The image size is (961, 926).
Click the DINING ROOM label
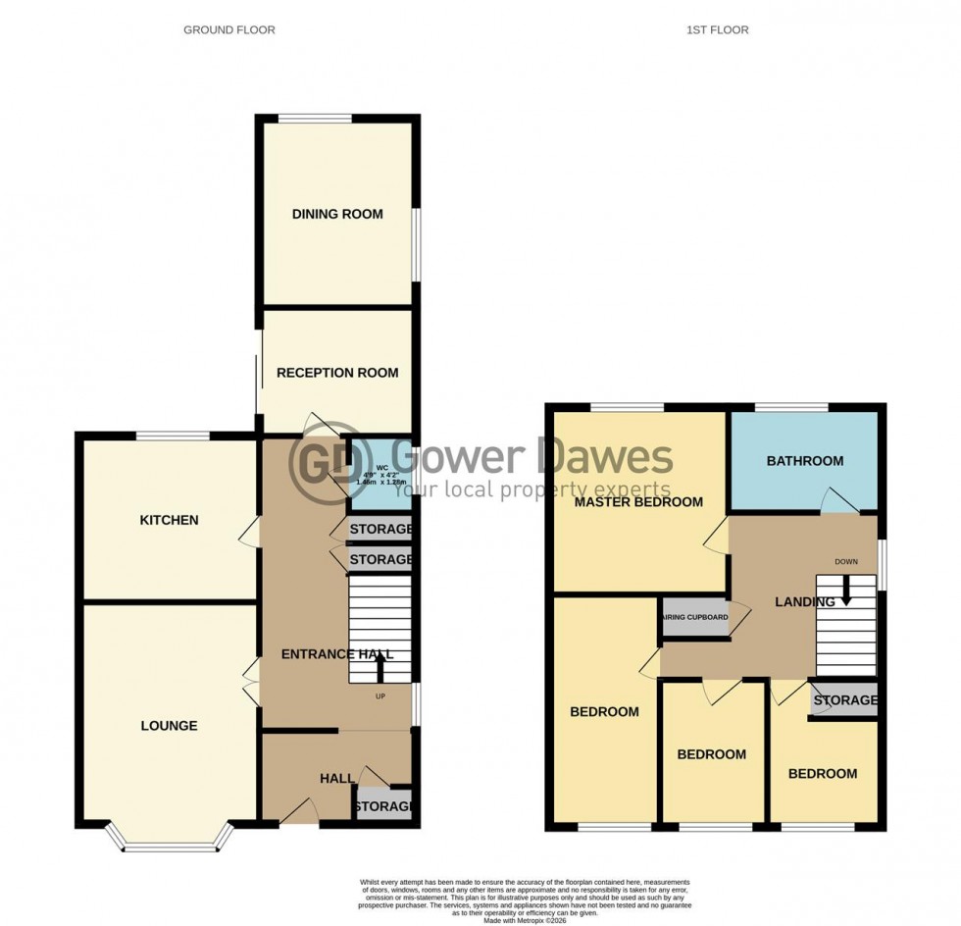(336, 214)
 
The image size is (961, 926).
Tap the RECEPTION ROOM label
(337, 373)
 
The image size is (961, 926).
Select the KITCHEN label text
(169, 520)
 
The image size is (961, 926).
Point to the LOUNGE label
(169, 726)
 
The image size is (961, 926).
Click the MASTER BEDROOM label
(638, 502)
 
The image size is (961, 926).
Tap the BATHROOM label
(804, 461)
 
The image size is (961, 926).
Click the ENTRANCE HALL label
(336, 654)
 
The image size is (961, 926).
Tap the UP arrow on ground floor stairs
(380, 669)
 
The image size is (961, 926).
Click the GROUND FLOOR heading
(229, 30)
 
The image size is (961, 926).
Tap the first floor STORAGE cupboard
(843, 700)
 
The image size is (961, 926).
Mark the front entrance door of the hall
(300, 811)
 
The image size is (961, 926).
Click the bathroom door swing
(839, 499)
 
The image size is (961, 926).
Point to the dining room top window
(314, 119)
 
